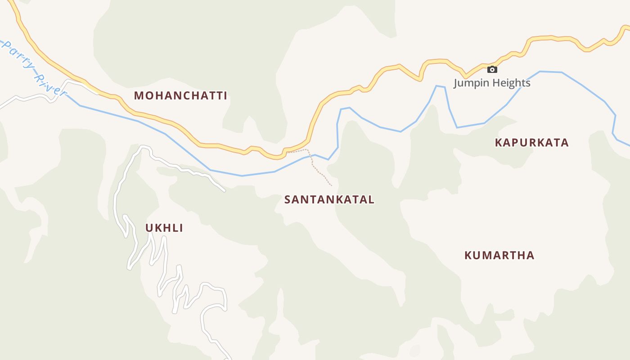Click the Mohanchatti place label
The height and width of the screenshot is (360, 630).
click(180, 96)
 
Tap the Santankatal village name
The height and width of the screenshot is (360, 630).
click(329, 200)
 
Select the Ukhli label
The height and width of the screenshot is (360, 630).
click(164, 228)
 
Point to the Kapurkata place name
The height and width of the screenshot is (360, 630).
click(531, 143)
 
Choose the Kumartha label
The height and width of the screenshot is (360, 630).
click(499, 256)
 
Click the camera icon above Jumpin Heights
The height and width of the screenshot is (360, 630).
click(492, 69)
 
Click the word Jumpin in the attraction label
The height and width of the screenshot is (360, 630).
click(470, 83)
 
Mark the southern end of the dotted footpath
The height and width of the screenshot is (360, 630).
click(332, 185)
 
